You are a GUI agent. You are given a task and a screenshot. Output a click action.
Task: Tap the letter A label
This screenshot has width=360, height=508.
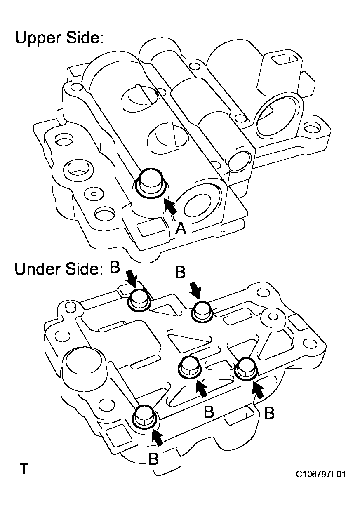[x=181, y=228]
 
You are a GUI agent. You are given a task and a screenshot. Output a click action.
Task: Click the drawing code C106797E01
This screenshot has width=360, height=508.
[x=320, y=475]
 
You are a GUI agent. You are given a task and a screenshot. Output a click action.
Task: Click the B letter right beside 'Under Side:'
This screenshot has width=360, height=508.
[x=115, y=267]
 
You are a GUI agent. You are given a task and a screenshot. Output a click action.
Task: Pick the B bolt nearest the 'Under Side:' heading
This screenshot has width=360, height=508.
[x=139, y=299]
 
